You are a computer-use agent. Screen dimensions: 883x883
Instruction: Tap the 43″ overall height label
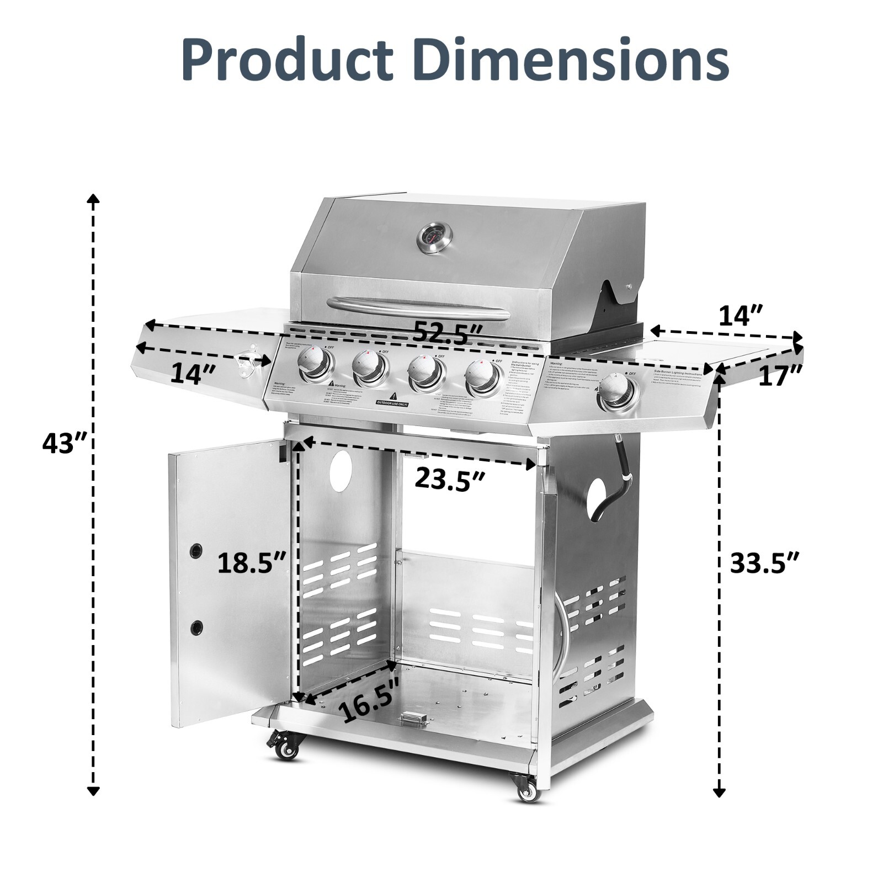click(66, 443)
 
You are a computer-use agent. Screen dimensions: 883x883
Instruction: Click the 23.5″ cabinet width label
click(450, 478)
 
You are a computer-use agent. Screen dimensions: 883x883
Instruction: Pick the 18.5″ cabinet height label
click(252, 563)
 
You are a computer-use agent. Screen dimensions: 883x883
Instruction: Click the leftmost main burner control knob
click(315, 363)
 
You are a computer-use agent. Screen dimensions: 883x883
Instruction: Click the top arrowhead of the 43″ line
click(94, 199)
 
